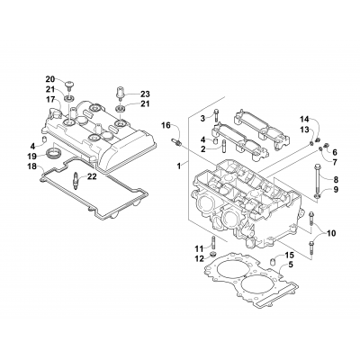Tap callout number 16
[x=166, y=124]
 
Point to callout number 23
[x=146, y=94]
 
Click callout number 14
[x=304, y=120]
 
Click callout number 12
[x=199, y=259]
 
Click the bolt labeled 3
[x=216, y=118]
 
